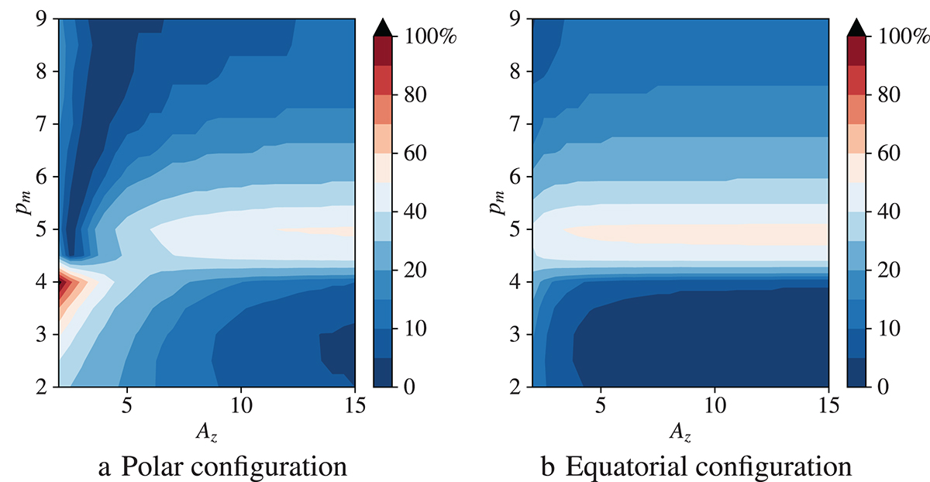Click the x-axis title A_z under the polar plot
click(208, 431)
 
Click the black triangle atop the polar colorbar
click(383, 27)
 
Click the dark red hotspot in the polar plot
click(64, 282)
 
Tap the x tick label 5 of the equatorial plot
click(599, 405)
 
